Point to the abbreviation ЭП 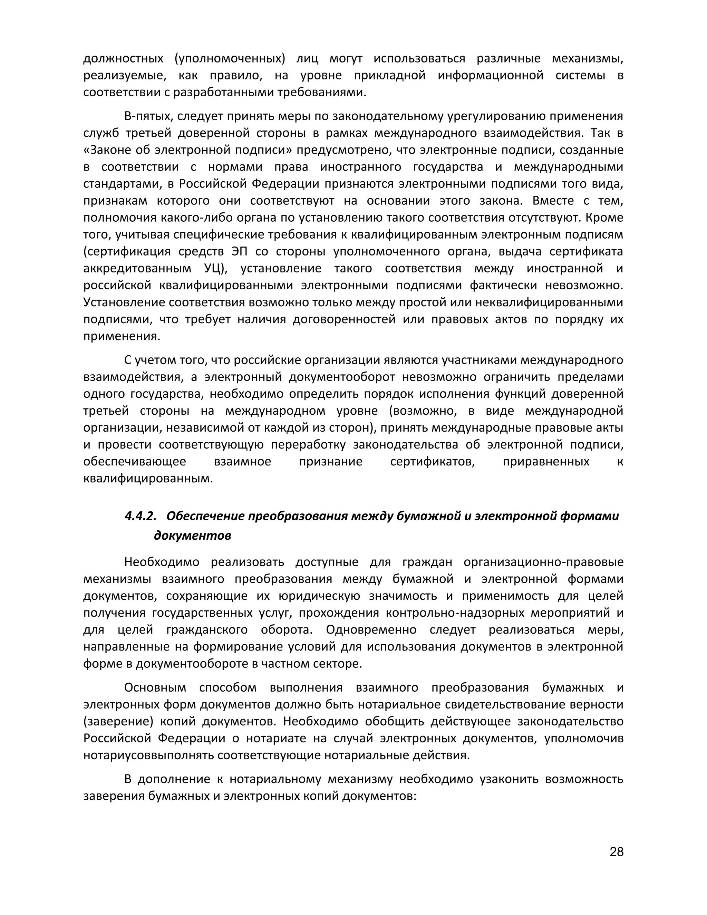pyautogui.click(x=239, y=251)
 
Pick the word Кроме pyautogui.click(x=604, y=218)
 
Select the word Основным pyautogui.click(x=155, y=687)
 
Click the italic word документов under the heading pyautogui.click(x=193, y=536)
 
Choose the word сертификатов pyautogui.click(x=432, y=461)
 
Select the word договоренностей pyautogui.click(x=316, y=319)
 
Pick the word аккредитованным pyautogui.click(x=137, y=268)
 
